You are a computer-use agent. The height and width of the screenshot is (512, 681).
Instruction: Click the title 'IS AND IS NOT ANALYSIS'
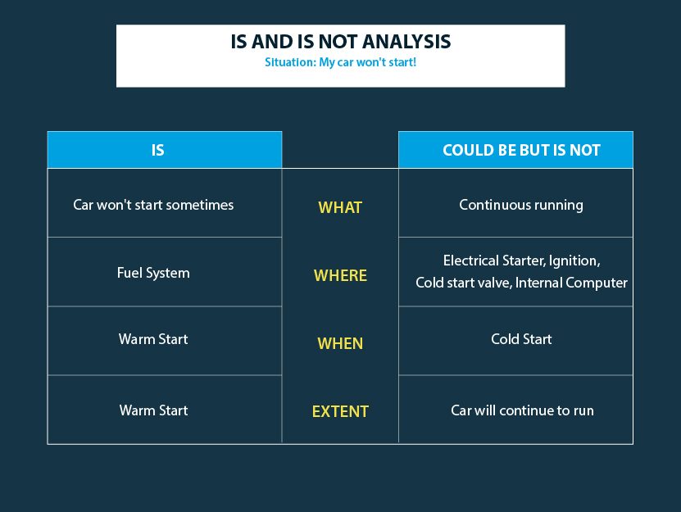(341, 42)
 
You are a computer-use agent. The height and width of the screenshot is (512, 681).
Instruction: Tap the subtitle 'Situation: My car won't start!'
(341, 62)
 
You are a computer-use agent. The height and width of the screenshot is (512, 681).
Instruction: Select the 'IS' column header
(157, 150)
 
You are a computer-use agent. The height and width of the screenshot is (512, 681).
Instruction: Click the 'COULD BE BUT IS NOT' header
(521, 150)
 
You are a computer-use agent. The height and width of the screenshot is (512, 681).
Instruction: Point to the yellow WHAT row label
(340, 207)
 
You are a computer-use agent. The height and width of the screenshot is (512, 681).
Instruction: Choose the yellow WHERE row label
(341, 275)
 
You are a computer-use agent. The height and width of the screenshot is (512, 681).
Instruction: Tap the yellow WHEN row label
(340, 343)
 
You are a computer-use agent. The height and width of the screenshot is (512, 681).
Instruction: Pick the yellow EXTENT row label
(341, 411)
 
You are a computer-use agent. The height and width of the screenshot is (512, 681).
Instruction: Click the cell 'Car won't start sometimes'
(153, 205)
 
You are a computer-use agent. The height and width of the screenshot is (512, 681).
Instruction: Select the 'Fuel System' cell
(153, 273)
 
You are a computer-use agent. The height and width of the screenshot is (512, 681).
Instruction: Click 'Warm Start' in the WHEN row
(153, 339)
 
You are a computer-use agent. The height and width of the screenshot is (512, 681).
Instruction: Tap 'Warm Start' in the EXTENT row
(154, 410)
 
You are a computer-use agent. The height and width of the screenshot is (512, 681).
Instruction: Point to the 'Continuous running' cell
(521, 205)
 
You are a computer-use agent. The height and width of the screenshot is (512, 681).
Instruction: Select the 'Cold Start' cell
(521, 339)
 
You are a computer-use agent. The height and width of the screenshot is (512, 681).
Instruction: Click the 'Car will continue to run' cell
(522, 410)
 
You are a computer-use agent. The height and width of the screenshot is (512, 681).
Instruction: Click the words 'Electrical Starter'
(493, 261)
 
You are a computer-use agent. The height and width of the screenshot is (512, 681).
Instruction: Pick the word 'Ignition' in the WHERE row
(574, 261)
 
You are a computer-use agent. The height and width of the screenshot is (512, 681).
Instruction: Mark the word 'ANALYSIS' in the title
(406, 42)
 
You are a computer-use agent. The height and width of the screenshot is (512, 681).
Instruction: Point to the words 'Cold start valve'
(464, 283)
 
